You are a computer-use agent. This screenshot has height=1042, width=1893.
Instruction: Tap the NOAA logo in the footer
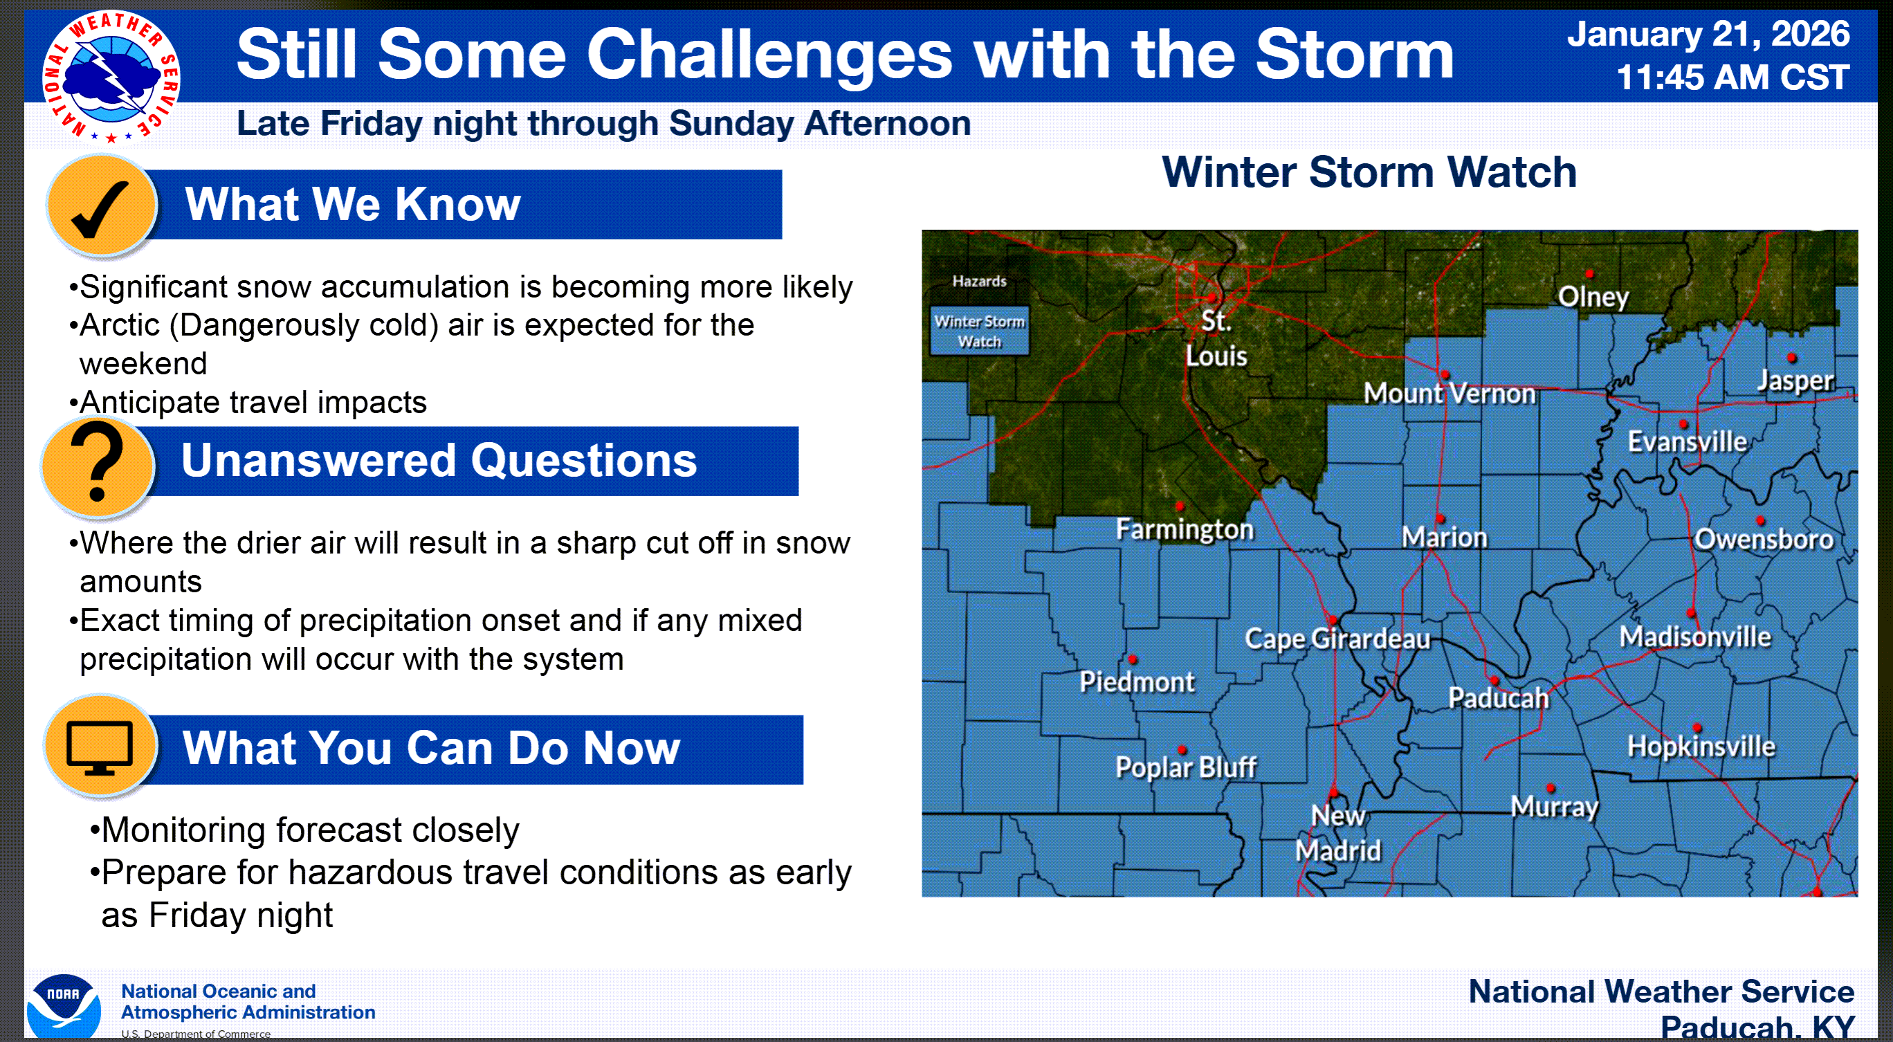click(x=64, y=1005)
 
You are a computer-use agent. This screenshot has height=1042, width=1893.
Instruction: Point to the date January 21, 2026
click(x=1708, y=34)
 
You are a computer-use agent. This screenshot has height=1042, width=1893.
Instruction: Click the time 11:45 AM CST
click(x=1732, y=77)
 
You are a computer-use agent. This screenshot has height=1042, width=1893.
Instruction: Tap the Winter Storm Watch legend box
click(x=979, y=331)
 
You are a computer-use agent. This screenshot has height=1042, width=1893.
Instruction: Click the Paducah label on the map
click(x=1498, y=698)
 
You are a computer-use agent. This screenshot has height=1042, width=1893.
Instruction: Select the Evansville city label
click(x=1687, y=441)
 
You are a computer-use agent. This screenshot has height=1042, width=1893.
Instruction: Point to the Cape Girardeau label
click(x=1337, y=639)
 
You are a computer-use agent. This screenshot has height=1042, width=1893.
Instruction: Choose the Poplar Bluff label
click(x=1185, y=767)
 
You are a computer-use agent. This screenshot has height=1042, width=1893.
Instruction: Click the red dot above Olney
click(x=1589, y=273)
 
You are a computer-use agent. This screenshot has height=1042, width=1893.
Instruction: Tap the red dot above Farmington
click(x=1180, y=506)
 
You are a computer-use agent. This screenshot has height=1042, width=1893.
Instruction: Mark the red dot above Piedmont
click(x=1133, y=659)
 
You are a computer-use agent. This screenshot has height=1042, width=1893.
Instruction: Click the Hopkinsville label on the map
click(x=1701, y=747)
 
